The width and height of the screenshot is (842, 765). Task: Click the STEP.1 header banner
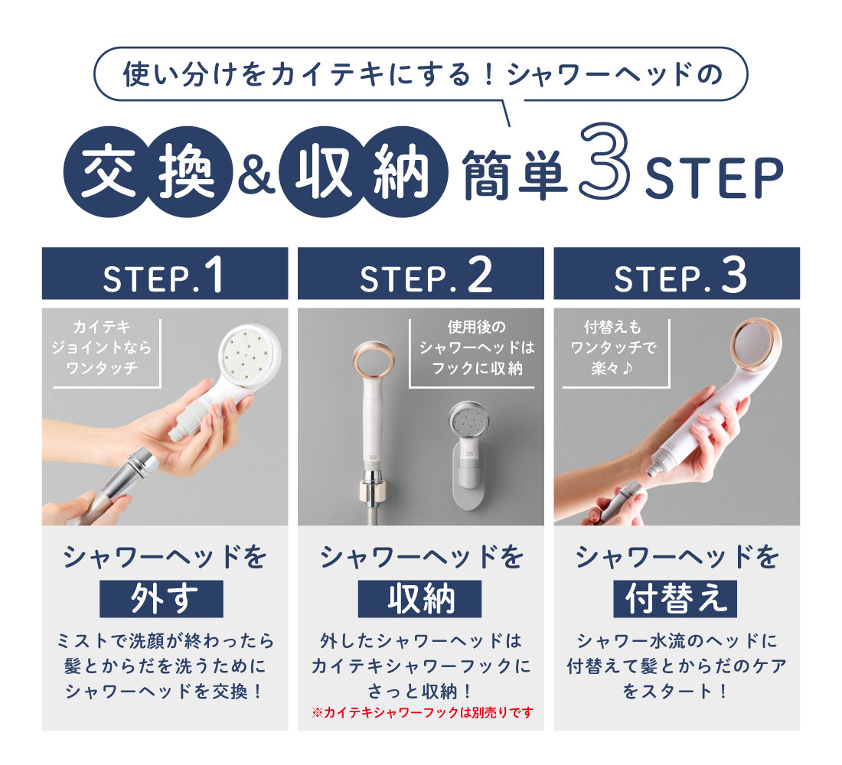pyautogui.click(x=165, y=273)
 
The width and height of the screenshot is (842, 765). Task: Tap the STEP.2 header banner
pyautogui.click(x=420, y=273)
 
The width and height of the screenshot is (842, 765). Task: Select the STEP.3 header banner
pyautogui.click(x=677, y=273)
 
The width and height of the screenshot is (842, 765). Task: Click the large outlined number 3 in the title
pyautogui.click(x=605, y=161)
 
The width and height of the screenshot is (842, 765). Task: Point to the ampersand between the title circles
pyautogui.click(x=256, y=173)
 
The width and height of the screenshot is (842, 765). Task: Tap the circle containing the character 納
pyautogui.click(x=402, y=172)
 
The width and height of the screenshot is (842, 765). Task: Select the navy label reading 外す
pyautogui.click(x=161, y=598)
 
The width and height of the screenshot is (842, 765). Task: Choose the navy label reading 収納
pyautogui.click(x=420, y=598)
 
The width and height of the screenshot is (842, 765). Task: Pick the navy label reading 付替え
pyautogui.click(x=676, y=598)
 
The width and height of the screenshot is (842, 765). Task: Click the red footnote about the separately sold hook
pyautogui.click(x=423, y=712)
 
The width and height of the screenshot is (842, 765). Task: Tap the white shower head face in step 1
pyautogui.click(x=250, y=354)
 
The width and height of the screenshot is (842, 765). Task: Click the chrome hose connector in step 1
pyautogui.click(x=132, y=474)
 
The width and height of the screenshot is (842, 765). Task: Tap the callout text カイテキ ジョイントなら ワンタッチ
pyautogui.click(x=102, y=347)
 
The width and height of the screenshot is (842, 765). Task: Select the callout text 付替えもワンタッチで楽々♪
pyautogui.click(x=613, y=347)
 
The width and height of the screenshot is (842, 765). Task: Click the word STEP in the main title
pyautogui.click(x=714, y=177)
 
